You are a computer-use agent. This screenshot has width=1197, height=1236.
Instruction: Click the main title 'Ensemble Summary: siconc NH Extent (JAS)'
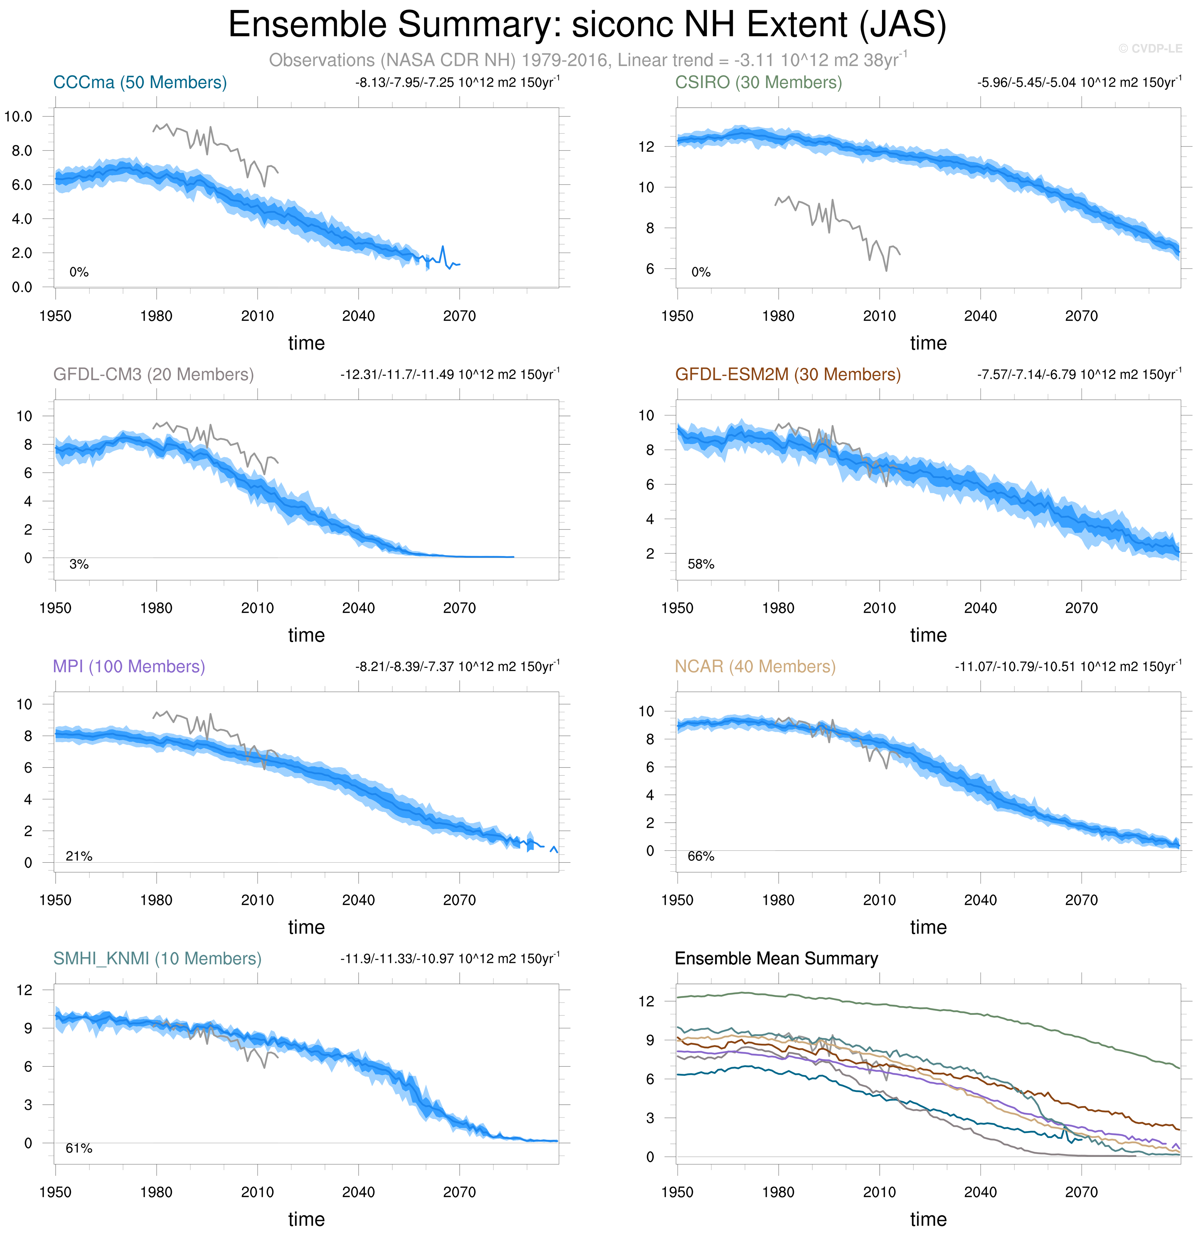point(587,25)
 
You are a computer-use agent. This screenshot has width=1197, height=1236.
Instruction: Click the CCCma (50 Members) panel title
point(140,83)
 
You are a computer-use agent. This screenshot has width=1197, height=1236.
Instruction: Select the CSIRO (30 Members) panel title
point(758,83)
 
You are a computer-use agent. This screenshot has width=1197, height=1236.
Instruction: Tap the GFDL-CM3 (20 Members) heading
point(153,375)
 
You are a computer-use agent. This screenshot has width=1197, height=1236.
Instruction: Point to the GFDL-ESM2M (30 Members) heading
point(788,375)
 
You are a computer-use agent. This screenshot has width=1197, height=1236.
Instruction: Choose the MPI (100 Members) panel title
point(129,667)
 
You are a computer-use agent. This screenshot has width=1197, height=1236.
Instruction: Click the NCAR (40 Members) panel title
point(755,667)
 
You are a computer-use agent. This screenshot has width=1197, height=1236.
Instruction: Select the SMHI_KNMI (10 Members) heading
point(157,959)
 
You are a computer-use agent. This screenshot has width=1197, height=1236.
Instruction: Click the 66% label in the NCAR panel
point(701,856)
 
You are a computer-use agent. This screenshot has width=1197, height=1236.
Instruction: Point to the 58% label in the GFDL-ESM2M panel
point(701,564)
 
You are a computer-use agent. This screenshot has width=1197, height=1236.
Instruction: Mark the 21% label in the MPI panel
point(79,856)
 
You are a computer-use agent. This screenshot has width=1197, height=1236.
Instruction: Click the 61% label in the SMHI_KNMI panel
point(79,1148)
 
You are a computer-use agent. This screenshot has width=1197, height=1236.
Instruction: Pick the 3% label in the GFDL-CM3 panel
point(79,564)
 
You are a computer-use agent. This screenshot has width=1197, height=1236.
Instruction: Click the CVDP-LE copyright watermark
point(1150,48)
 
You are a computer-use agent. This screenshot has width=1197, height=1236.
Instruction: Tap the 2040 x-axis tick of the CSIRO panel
point(980,316)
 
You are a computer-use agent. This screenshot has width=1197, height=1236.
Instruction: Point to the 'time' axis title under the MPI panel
point(307,927)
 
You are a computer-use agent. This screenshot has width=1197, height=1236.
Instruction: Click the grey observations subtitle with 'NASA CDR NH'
point(587,60)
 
